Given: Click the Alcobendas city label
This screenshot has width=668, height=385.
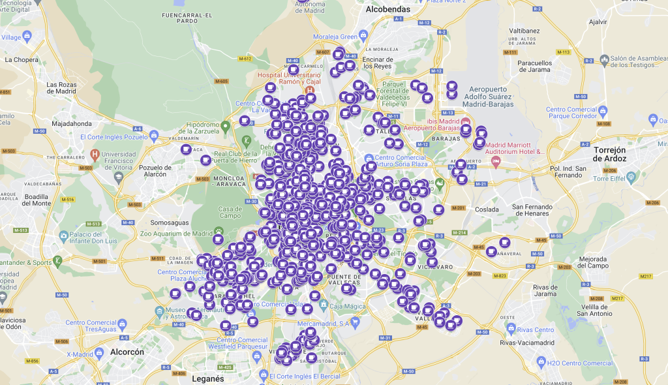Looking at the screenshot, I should coord(388,10).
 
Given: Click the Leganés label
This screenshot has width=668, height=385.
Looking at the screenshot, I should coord(208,378).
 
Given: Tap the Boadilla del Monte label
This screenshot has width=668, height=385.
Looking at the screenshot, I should coord(27,199).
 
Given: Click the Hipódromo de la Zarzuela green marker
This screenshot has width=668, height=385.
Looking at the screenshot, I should coord(226,125).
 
